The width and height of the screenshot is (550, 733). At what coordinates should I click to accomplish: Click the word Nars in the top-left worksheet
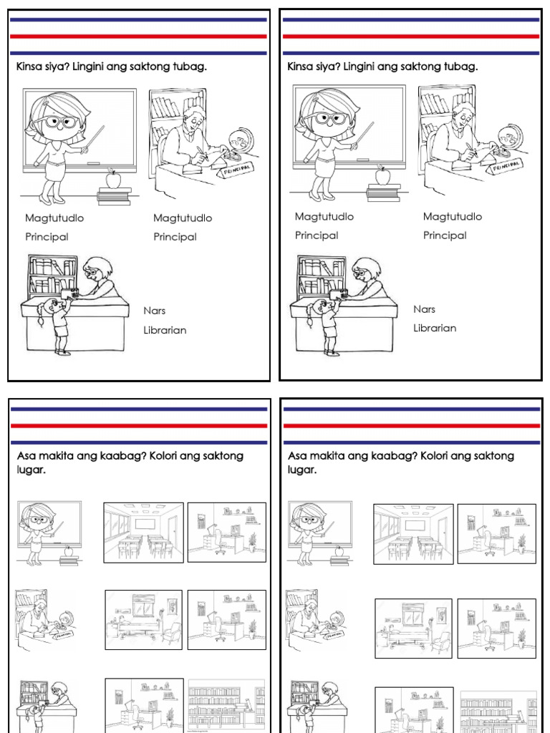155,311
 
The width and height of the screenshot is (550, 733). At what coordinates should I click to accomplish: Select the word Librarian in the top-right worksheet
435,329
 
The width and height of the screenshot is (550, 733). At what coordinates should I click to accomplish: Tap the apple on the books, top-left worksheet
112,178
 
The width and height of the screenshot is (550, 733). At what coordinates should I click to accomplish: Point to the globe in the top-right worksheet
509,136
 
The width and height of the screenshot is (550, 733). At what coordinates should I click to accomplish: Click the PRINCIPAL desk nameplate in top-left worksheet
237,171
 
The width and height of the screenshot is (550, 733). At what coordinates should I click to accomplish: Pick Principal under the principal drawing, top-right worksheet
445,236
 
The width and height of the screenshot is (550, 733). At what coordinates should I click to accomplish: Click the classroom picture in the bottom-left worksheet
143,532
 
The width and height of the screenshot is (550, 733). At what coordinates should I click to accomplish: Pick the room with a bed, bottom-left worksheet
143,619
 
